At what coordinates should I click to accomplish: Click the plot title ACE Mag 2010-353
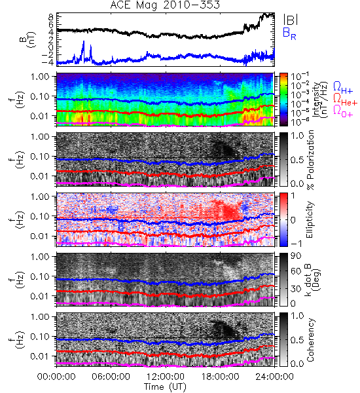click(165, 5)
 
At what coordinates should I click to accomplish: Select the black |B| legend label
click(291, 19)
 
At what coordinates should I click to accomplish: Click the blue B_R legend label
click(289, 33)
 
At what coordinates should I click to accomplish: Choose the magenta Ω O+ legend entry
click(343, 111)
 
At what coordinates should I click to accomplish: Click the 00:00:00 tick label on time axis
click(56, 377)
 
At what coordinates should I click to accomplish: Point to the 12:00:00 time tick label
click(166, 377)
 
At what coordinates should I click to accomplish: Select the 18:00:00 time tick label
click(220, 377)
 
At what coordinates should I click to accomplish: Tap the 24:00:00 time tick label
click(274, 377)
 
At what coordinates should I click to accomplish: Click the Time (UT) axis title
click(166, 386)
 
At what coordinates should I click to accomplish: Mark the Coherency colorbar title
click(311, 340)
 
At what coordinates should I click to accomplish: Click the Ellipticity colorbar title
click(310, 220)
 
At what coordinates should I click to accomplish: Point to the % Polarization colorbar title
click(310, 160)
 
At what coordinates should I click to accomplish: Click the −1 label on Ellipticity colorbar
click(296, 244)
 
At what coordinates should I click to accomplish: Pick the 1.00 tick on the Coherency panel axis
click(41, 316)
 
